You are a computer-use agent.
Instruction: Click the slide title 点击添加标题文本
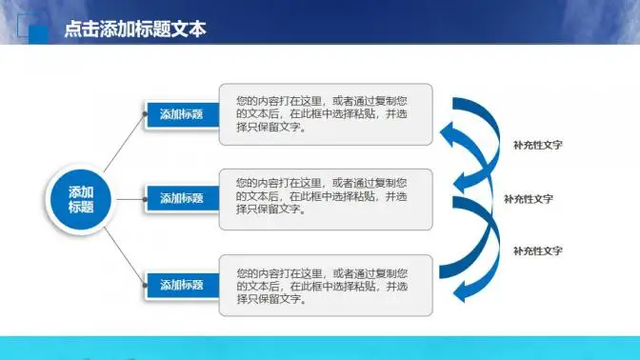pyautogui.click(x=134, y=30)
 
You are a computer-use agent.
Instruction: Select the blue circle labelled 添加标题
pyautogui.click(x=81, y=199)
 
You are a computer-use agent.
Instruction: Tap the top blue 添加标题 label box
pyautogui.click(x=181, y=114)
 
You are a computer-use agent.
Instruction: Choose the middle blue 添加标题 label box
pyautogui.click(x=181, y=198)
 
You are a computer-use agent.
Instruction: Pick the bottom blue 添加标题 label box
pyautogui.click(x=181, y=285)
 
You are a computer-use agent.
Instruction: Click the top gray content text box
pyautogui.click(x=325, y=114)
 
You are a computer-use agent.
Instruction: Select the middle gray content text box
pyautogui.click(x=325, y=198)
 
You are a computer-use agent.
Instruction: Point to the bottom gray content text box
pyautogui.click(x=325, y=285)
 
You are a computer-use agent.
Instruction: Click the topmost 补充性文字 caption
pyautogui.click(x=537, y=146)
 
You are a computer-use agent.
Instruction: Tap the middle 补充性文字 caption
pyautogui.click(x=529, y=199)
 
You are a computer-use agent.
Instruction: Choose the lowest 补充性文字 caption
pyautogui.click(x=537, y=250)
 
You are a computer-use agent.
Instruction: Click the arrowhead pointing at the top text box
pyautogui.click(x=449, y=130)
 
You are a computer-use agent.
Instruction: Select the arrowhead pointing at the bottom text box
pyautogui.click(x=460, y=292)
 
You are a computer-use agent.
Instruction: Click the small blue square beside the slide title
pyautogui.click(x=39, y=33)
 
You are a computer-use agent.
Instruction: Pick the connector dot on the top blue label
pyautogui.click(x=146, y=115)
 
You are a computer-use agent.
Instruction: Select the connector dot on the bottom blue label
pyautogui.click(x=146, y=285)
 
